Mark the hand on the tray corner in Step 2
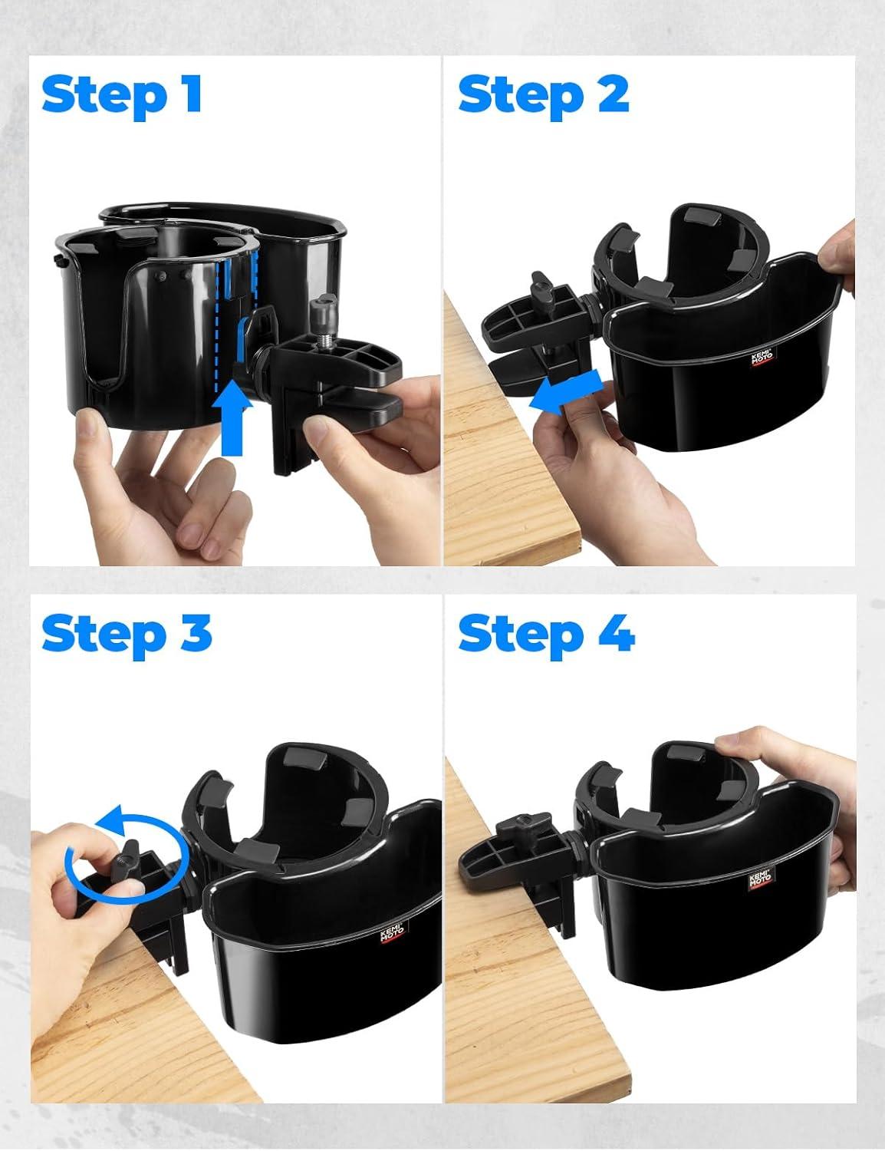[x=837, y=254]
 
